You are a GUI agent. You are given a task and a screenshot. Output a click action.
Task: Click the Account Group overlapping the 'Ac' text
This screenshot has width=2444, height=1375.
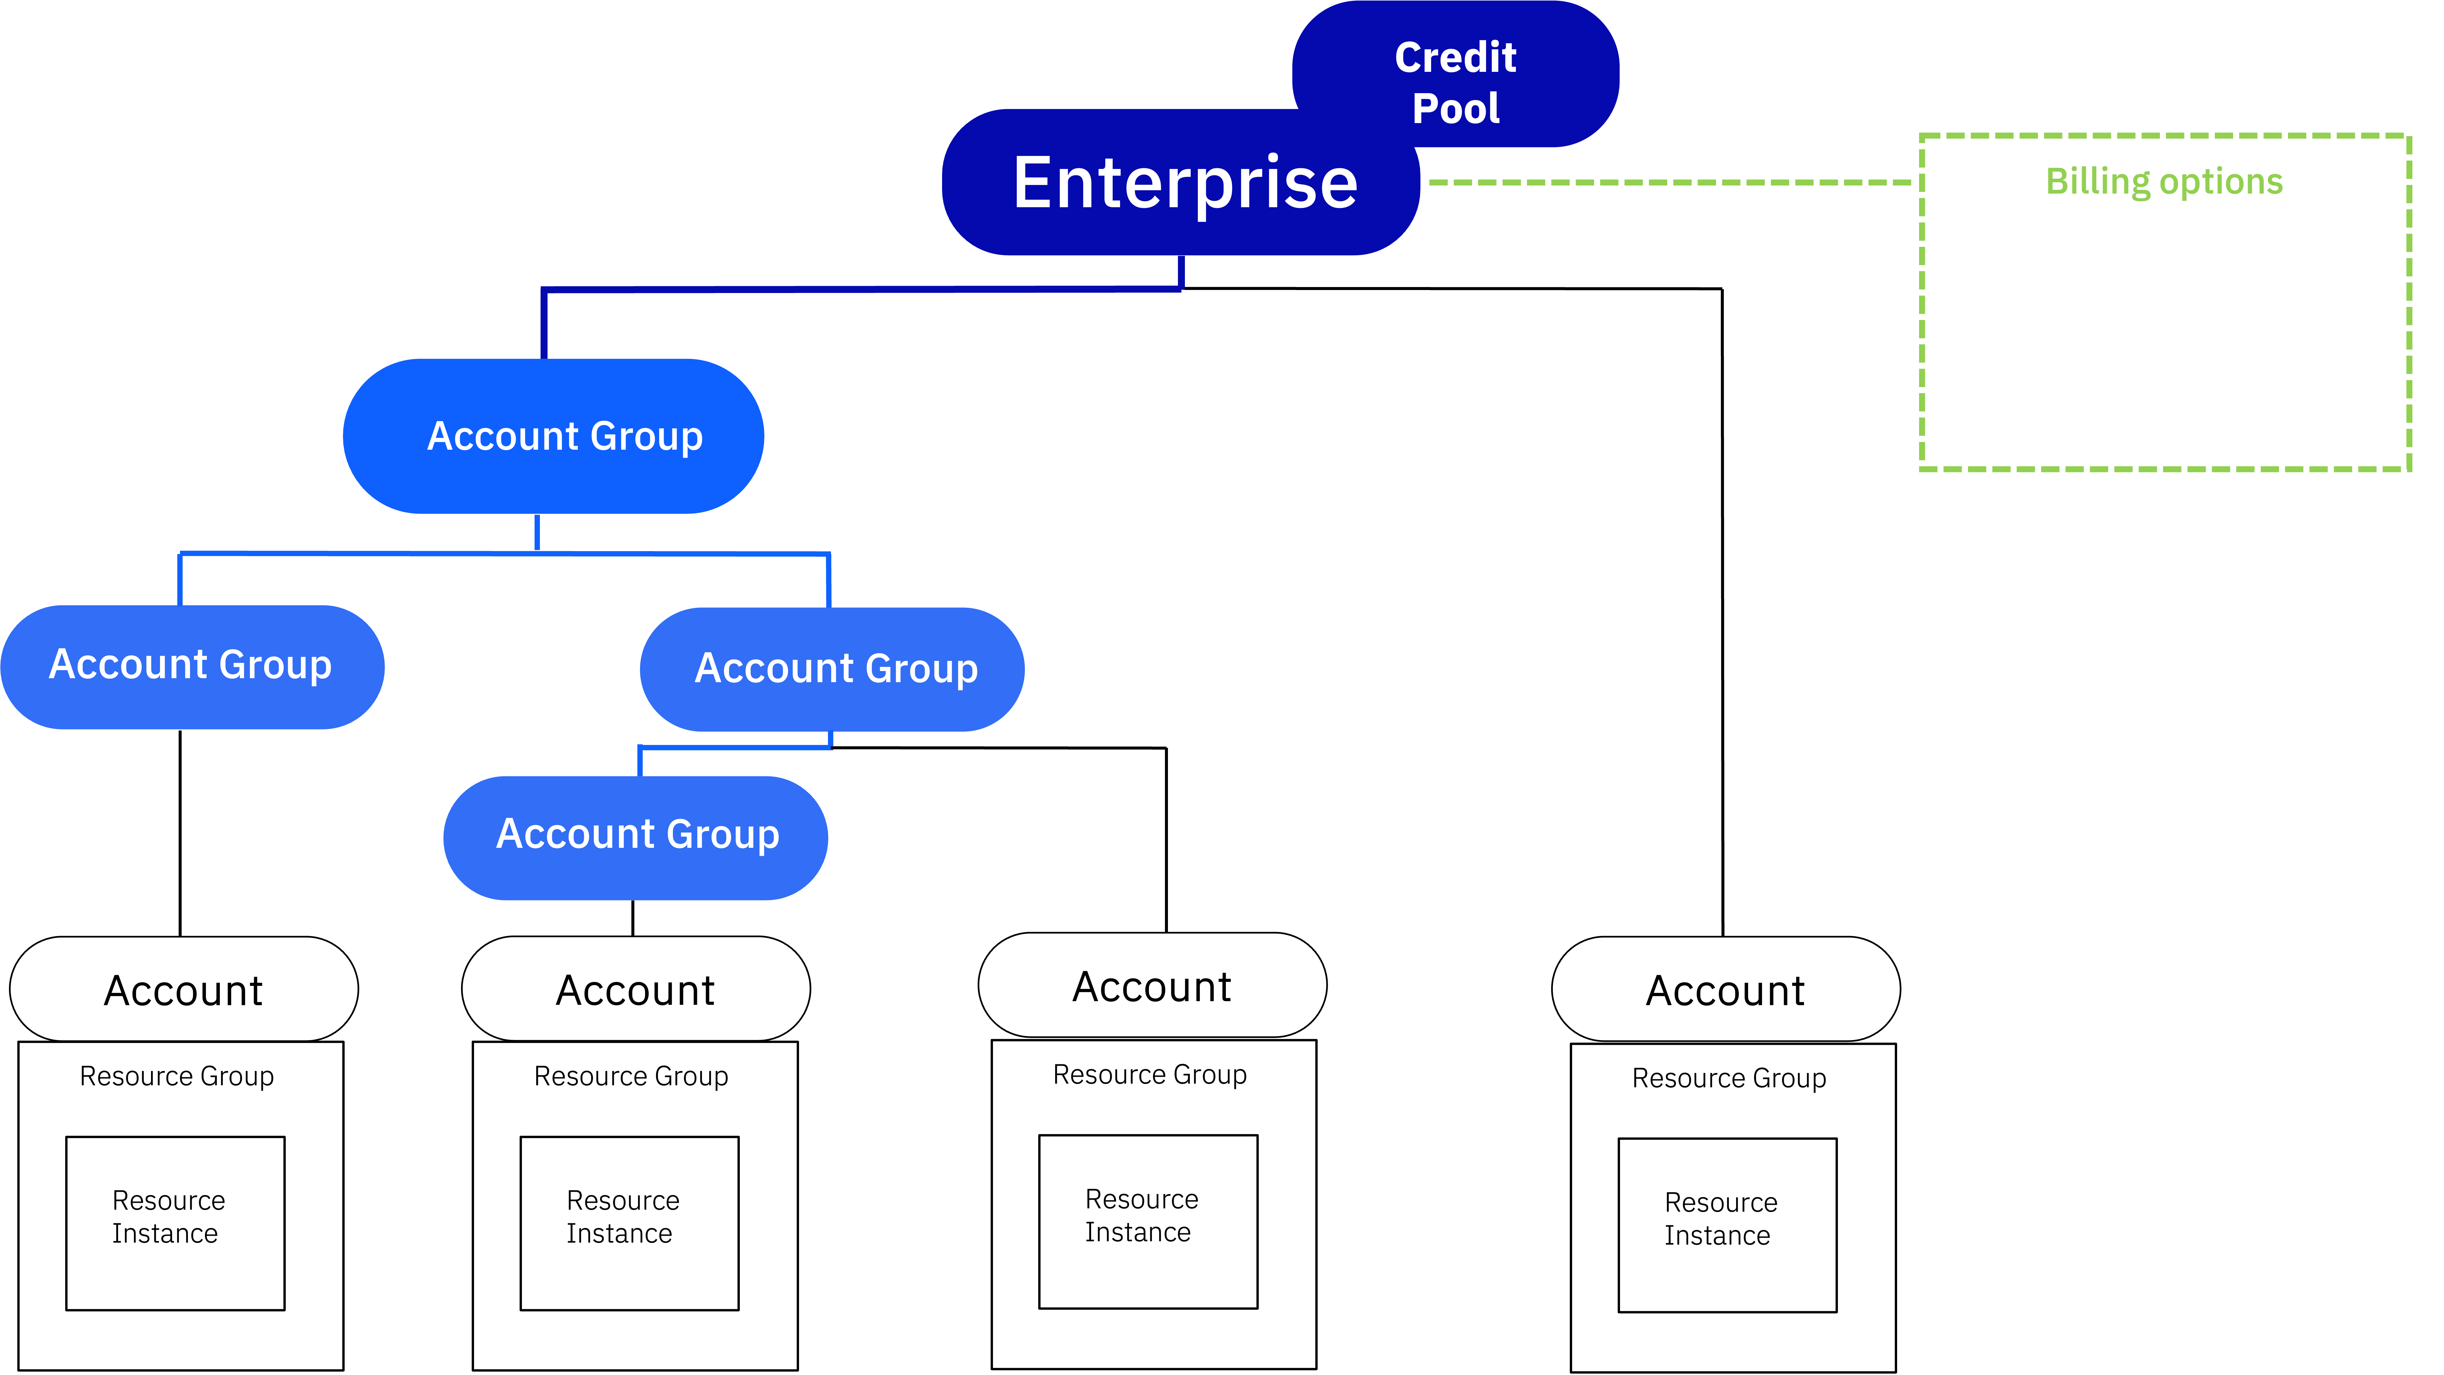833,669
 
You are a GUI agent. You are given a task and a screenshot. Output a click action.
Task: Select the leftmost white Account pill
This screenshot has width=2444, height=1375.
184,990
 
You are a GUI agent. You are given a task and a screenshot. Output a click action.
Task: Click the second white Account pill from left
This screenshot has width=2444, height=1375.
636,990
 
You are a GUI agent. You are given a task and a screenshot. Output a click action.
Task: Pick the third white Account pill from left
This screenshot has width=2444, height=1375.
1152,986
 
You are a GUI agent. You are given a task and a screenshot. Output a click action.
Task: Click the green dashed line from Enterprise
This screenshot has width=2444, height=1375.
1670,182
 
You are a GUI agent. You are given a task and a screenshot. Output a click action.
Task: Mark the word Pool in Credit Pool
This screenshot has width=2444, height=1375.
1455,108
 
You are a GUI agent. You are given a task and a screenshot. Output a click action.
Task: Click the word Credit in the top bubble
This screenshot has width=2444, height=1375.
1455,58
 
